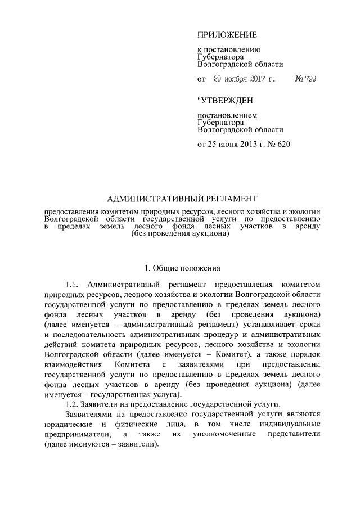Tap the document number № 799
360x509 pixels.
point(305,79)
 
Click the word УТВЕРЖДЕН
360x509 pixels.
point(226,101)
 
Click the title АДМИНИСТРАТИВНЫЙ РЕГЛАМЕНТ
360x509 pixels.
point(182,198)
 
